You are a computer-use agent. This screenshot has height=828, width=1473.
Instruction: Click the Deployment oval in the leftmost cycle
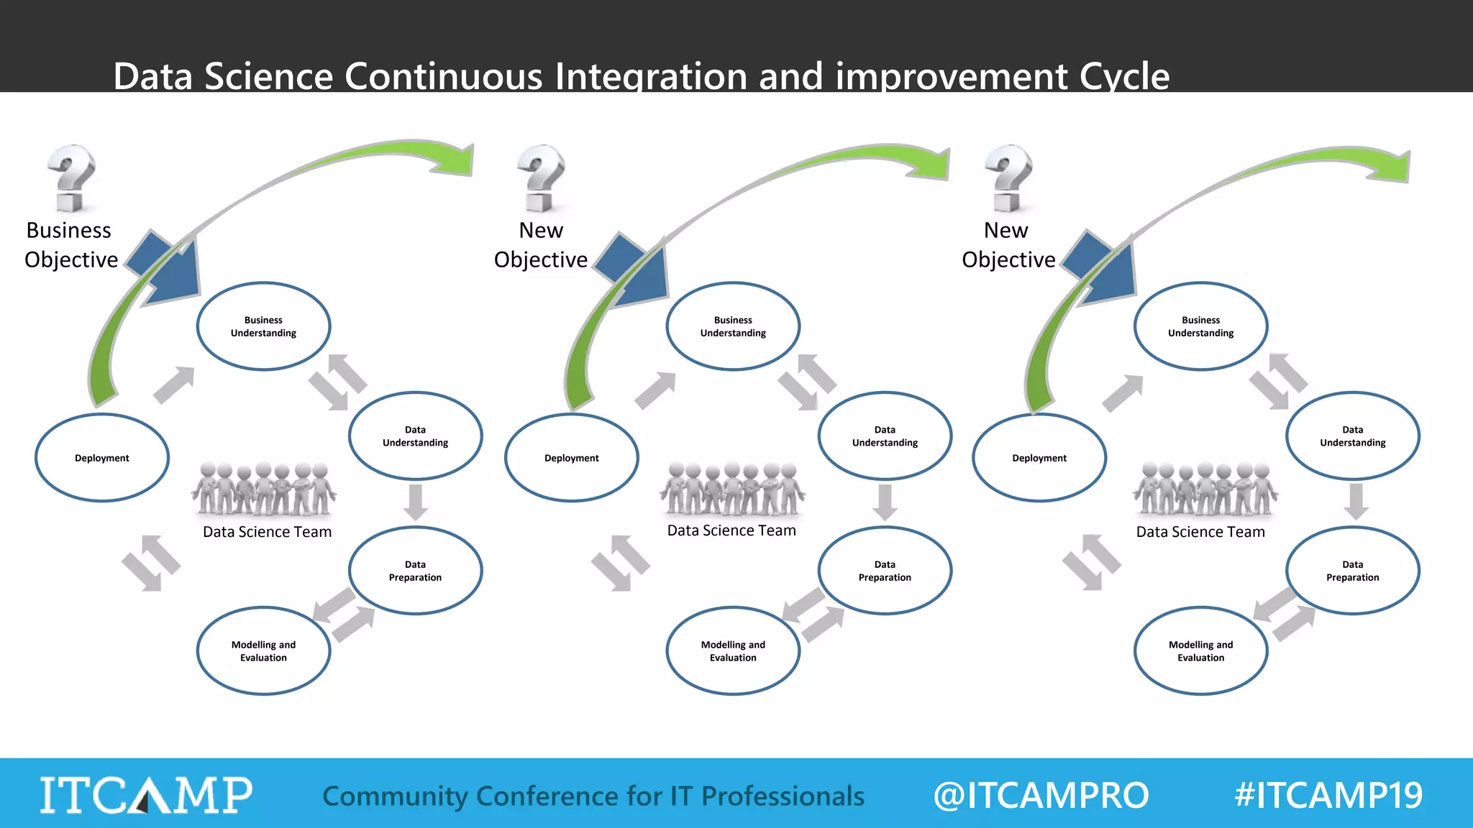click(x=102, y=458)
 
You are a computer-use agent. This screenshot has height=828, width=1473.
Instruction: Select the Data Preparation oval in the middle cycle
click(x=885, y=571)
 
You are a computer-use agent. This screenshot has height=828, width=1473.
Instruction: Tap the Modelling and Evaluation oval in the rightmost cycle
click(x=1200, y=651)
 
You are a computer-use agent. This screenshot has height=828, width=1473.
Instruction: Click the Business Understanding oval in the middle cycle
click(x=733, y=326)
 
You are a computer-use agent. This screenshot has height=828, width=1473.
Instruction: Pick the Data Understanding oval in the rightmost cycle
click(x=1352, y=436)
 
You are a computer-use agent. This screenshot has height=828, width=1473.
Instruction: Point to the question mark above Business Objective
click(x=70, y=178)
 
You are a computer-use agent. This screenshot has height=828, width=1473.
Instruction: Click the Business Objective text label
click(x=70, y=245)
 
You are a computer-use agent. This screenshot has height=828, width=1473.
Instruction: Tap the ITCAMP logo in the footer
click(x=146, y=795)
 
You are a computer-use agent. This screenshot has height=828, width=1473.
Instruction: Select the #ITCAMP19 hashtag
click(x=1328, y=795)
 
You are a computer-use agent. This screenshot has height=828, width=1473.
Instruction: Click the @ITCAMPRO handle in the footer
click(x=1041, y=795)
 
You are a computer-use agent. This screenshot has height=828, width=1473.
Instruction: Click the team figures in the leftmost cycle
click(x=263, y=489)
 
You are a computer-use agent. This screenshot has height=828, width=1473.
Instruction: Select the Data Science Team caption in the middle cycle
click(x=731, y=530)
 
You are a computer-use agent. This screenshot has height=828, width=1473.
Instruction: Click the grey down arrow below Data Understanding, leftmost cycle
click(x=415, y=502)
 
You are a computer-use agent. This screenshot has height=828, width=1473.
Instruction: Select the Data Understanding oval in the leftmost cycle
click(x=415, y=436)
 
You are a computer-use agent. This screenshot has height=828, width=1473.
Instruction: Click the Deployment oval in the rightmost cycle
click(x=1039, y=458)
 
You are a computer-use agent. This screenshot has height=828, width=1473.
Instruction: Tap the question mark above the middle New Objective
click(x=542, y=178)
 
